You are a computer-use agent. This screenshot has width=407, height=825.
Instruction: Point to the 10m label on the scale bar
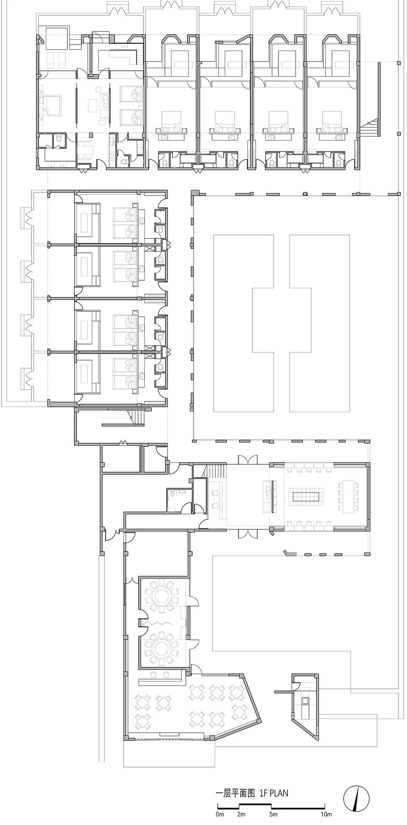[326, 814]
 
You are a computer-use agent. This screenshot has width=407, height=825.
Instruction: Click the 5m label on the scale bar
[273, 814]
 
